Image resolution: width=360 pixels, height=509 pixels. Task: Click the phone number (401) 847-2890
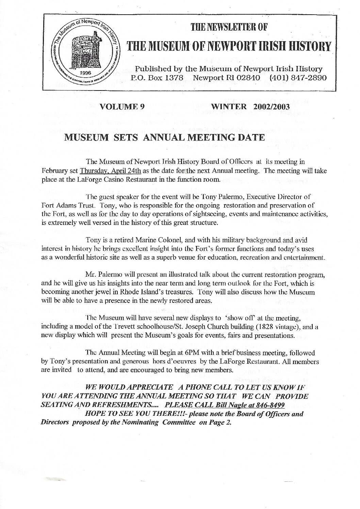coord(297,78)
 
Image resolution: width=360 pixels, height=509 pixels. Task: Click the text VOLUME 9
coord(122,107)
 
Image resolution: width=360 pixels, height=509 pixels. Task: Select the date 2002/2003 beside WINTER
coord(271,107)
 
